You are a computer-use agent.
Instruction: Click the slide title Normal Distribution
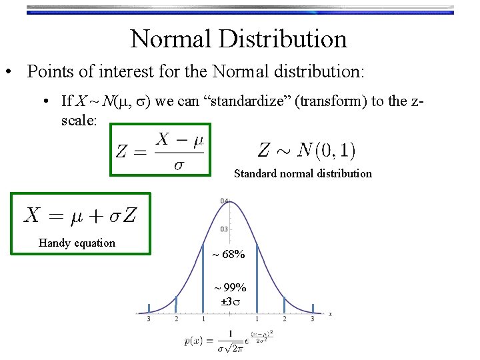[x=239, y=39]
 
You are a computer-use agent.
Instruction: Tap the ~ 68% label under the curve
[x=229, y=254]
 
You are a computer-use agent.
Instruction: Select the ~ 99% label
[x=230, y=287]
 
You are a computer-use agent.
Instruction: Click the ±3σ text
[x=230, y=301]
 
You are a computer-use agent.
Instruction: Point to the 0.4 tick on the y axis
[x=225, y=201]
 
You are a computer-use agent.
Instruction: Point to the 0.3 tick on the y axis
[x=225, y=229]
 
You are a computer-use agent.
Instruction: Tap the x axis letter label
[x=330, y=313]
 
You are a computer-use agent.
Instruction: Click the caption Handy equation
[x=77, y=243]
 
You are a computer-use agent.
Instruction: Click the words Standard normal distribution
[x=303, y=173]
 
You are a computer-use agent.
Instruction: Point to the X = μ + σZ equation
[x=81, y=215]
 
